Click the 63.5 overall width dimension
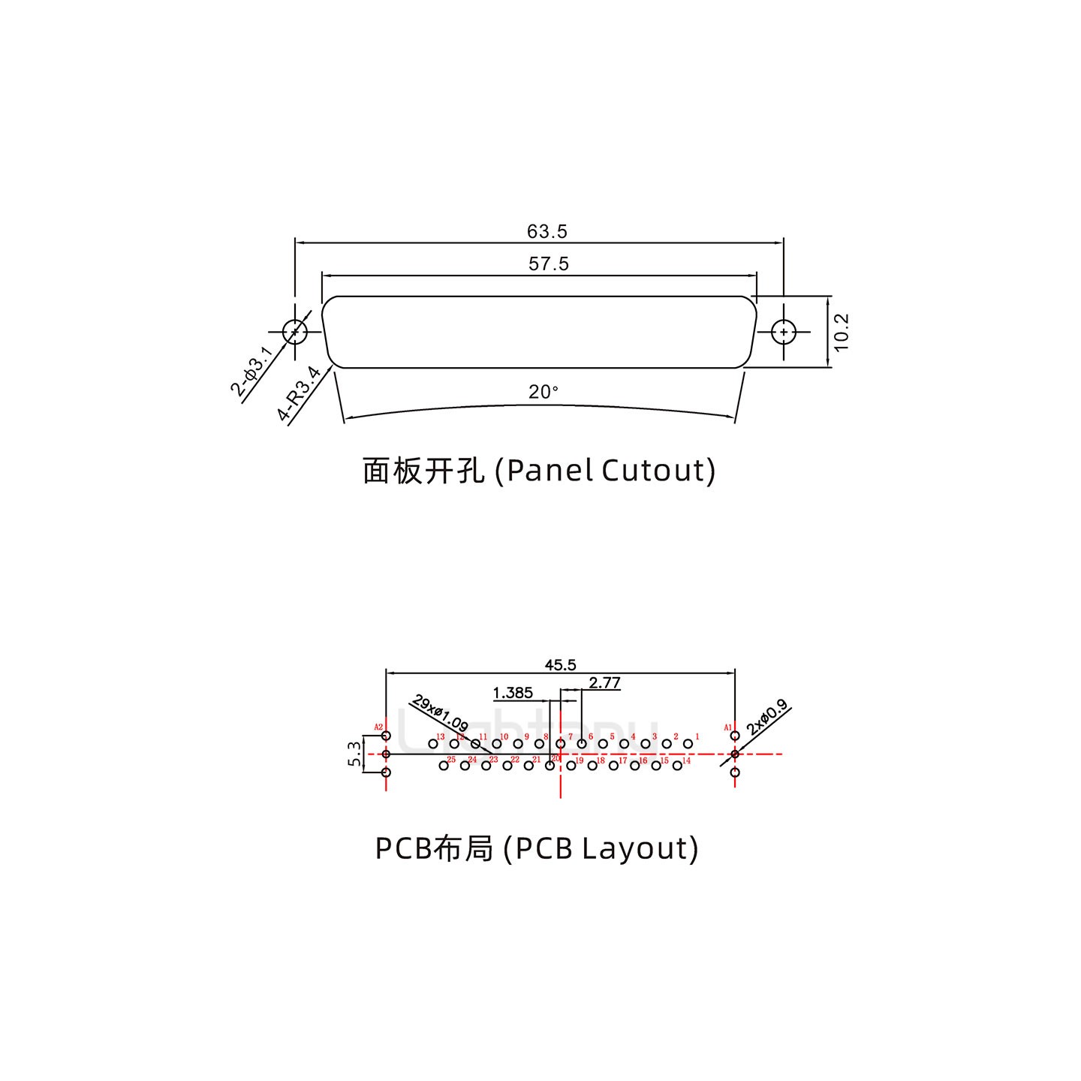point(547,232)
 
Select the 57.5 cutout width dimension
point(549,264)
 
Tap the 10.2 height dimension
point(841,332)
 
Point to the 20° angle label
point(544,392)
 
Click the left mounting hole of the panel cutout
point(295,331)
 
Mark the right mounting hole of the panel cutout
point(784,331)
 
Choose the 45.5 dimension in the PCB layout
point(560,665)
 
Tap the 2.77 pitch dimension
point(604,683)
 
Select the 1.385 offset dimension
point(513,693)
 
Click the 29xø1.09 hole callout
point(441,715)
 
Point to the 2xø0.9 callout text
point(766,717)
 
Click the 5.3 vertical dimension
point(354,754)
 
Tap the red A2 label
point(378,727)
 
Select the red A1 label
point(727,727)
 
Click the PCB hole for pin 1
point(688,744)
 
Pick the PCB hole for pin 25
point(443,765)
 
